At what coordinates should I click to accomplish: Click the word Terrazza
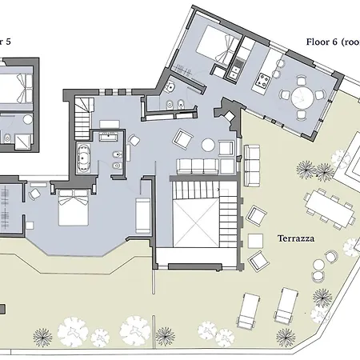tap(294, 238)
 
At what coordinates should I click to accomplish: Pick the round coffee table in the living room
tap(209, 145)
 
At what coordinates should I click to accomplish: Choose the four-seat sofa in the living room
tap(199, 167)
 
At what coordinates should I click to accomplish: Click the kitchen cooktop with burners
tap(261, 81)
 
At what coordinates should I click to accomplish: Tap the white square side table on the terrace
tap(256, 239)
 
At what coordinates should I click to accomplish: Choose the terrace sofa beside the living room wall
tap(252, 163)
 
